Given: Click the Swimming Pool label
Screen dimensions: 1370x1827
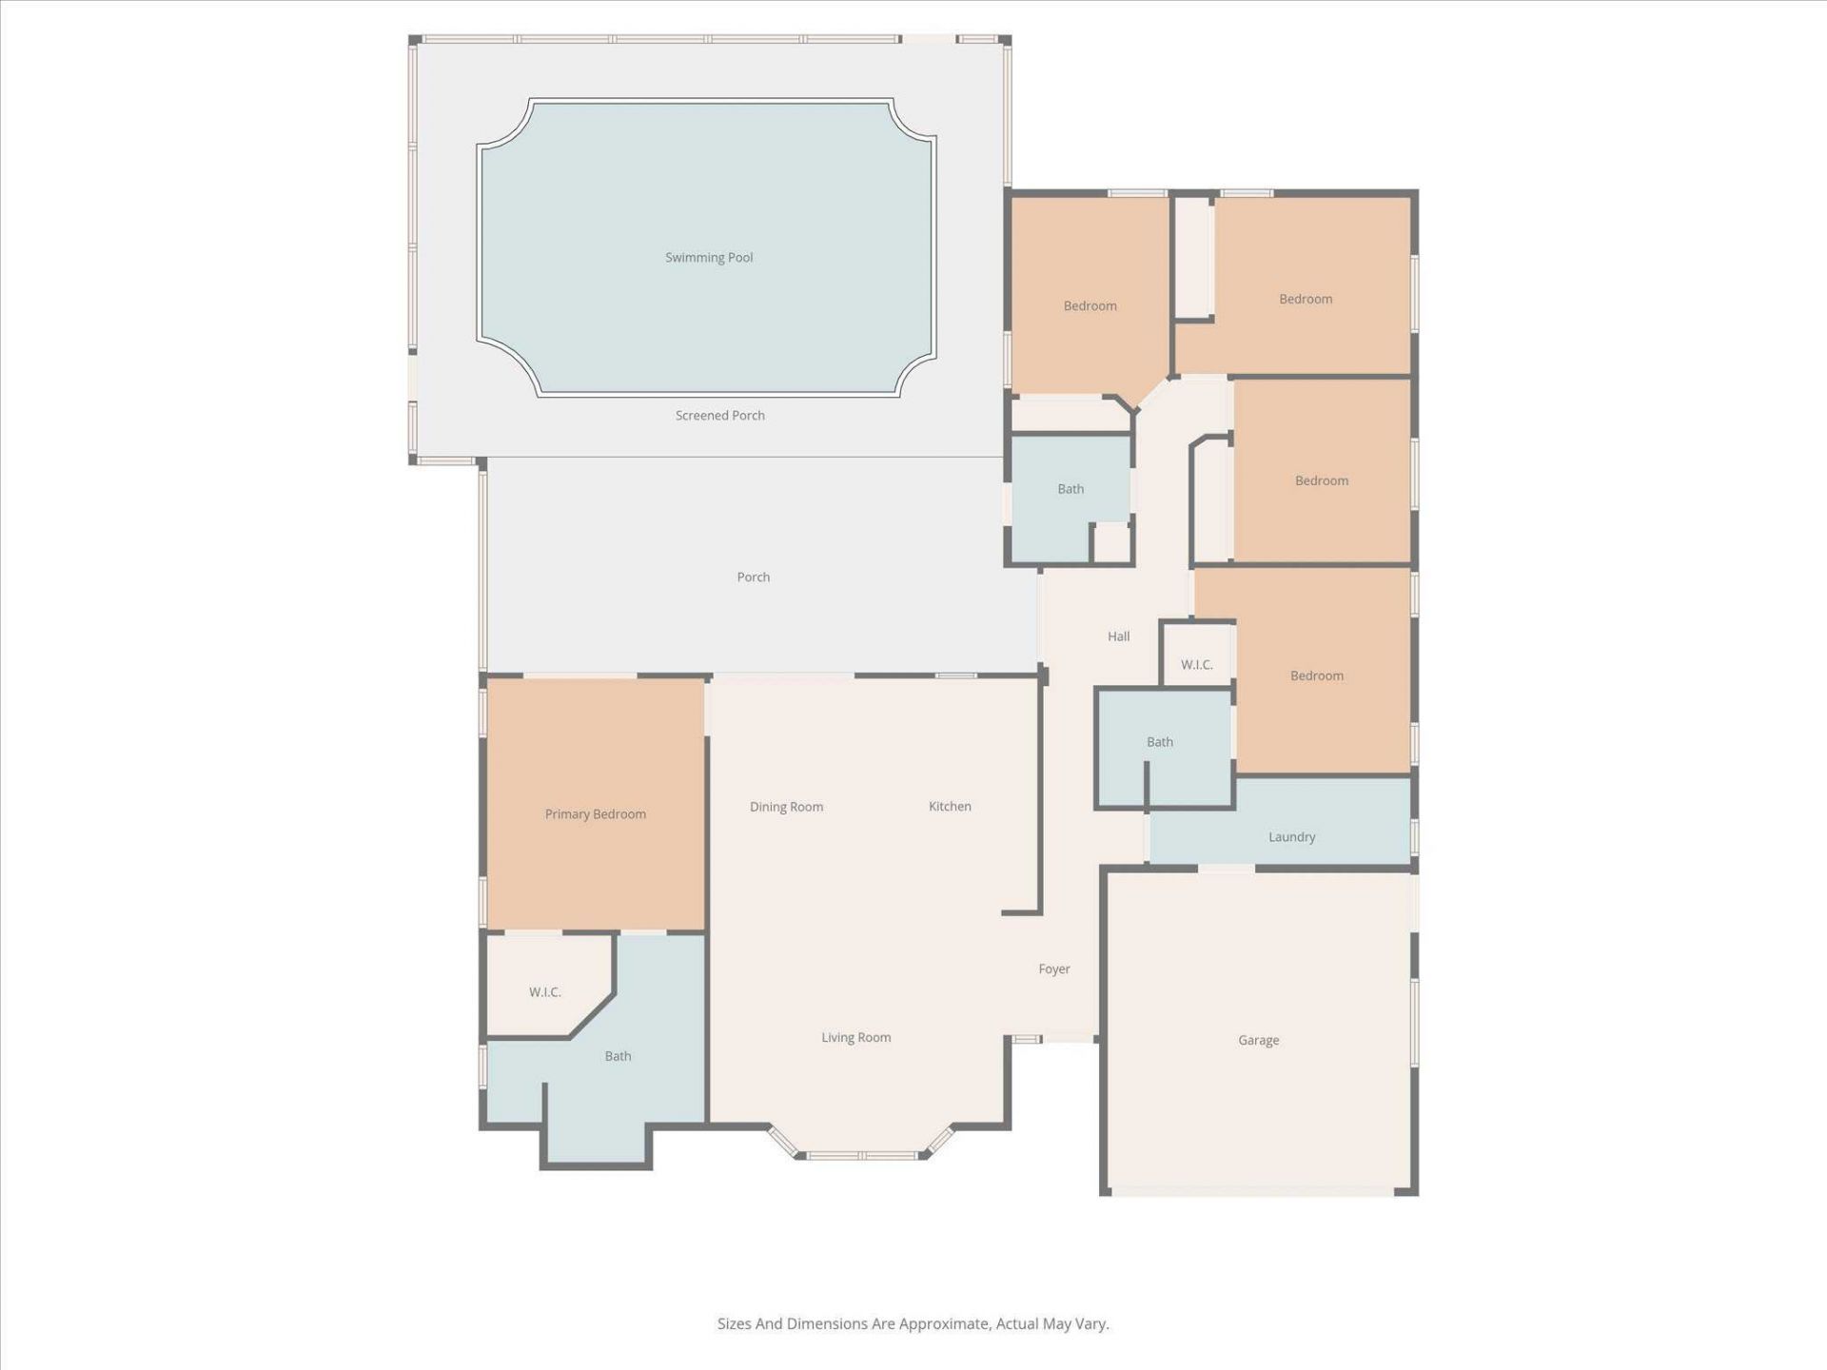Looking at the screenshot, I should (708, 258).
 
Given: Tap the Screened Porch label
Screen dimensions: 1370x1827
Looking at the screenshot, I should (719, 416).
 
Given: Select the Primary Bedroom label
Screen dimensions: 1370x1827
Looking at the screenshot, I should (595, 814).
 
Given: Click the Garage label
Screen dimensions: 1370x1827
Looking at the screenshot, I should (1258, 1041).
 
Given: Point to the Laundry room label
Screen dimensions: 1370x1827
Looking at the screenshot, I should (1291, 837).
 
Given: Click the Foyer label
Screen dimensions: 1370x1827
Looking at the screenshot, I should (1053, 969).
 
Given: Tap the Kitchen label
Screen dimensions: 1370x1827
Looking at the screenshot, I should (950, 807).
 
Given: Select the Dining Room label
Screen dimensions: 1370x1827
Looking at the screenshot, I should (786, 807).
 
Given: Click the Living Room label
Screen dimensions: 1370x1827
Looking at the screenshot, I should (855, 1038).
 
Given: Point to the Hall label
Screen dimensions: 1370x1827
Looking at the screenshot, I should (1118, 636).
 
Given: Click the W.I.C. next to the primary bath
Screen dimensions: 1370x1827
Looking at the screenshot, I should (544, 992).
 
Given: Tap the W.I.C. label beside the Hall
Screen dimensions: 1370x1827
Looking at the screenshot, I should (1196, 665).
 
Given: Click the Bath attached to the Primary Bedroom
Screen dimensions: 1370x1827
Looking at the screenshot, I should (618, 1056).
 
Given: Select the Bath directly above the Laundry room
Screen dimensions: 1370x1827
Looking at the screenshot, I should (1159, 742).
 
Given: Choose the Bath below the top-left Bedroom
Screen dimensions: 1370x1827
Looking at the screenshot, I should (1071, 489).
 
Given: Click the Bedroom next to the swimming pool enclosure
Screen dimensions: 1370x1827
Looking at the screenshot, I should (1090, 306).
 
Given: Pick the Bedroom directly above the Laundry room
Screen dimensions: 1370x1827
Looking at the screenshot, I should (1316, 676).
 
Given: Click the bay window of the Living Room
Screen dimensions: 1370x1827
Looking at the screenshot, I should (861, 1155).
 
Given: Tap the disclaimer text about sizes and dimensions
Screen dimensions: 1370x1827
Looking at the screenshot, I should (913, 1323).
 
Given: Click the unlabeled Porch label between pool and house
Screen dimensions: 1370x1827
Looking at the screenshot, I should (753, 577).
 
